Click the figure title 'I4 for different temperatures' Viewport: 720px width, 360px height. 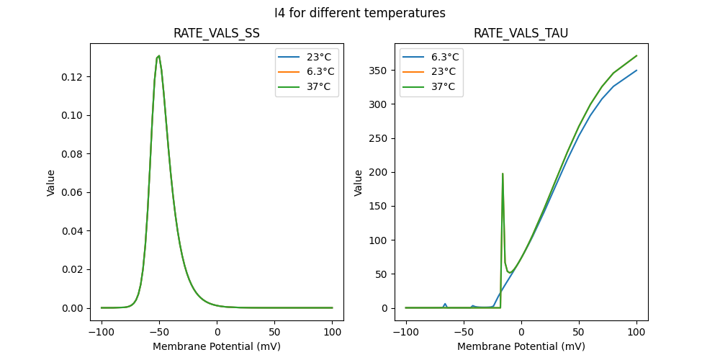click(360, 13)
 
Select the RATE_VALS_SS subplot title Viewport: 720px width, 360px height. click(217, 34)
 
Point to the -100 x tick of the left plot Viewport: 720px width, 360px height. click(102, 332)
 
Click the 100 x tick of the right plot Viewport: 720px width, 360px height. click(636, 332)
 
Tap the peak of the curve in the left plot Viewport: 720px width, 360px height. click(159, 55)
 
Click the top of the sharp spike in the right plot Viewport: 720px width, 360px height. click(503, 174)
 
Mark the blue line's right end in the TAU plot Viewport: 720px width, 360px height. click(636, 70)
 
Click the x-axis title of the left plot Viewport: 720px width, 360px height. click(217, 346)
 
